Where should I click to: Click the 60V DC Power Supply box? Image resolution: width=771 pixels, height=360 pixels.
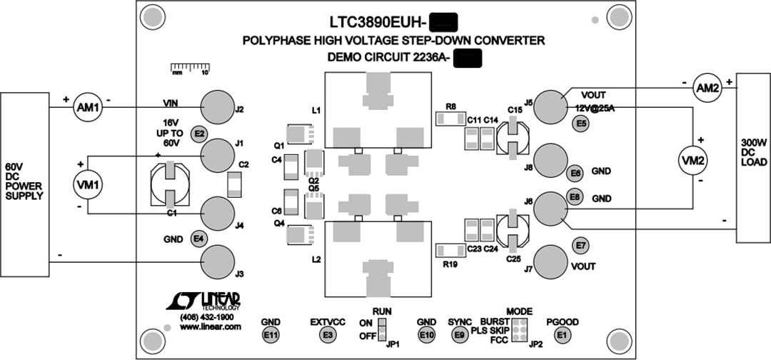[x=24, y=184]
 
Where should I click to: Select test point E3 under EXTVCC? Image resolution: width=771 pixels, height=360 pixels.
[x=328, y=334]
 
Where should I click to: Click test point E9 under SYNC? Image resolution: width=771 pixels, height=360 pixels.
[x=459, y=334]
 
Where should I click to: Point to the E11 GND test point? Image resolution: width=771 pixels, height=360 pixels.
[x=271, y=334]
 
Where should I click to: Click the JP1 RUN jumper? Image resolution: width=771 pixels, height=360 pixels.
[x=382, y=329]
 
